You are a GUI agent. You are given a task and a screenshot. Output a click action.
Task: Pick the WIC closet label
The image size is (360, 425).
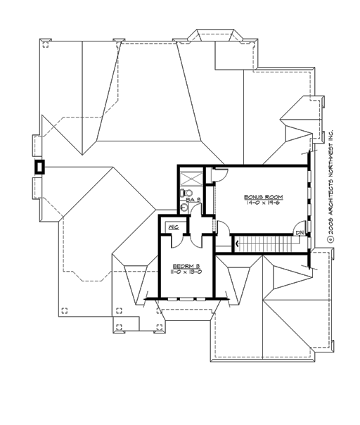(x=173, y=227)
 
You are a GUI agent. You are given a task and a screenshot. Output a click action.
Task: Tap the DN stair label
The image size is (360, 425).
(x=299, y=233)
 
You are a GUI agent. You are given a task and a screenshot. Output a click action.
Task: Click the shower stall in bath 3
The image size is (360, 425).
(x=190, y=176)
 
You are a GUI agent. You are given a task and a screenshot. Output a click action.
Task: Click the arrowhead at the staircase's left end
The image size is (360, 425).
(x=237, y=243)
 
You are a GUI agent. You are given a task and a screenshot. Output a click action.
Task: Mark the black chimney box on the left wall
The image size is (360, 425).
(x=40, y=167)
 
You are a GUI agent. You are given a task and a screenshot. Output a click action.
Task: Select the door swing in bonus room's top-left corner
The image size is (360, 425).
(x=218, y=176)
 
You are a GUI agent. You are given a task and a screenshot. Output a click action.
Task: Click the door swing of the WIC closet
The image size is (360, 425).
(x=177, y=237)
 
